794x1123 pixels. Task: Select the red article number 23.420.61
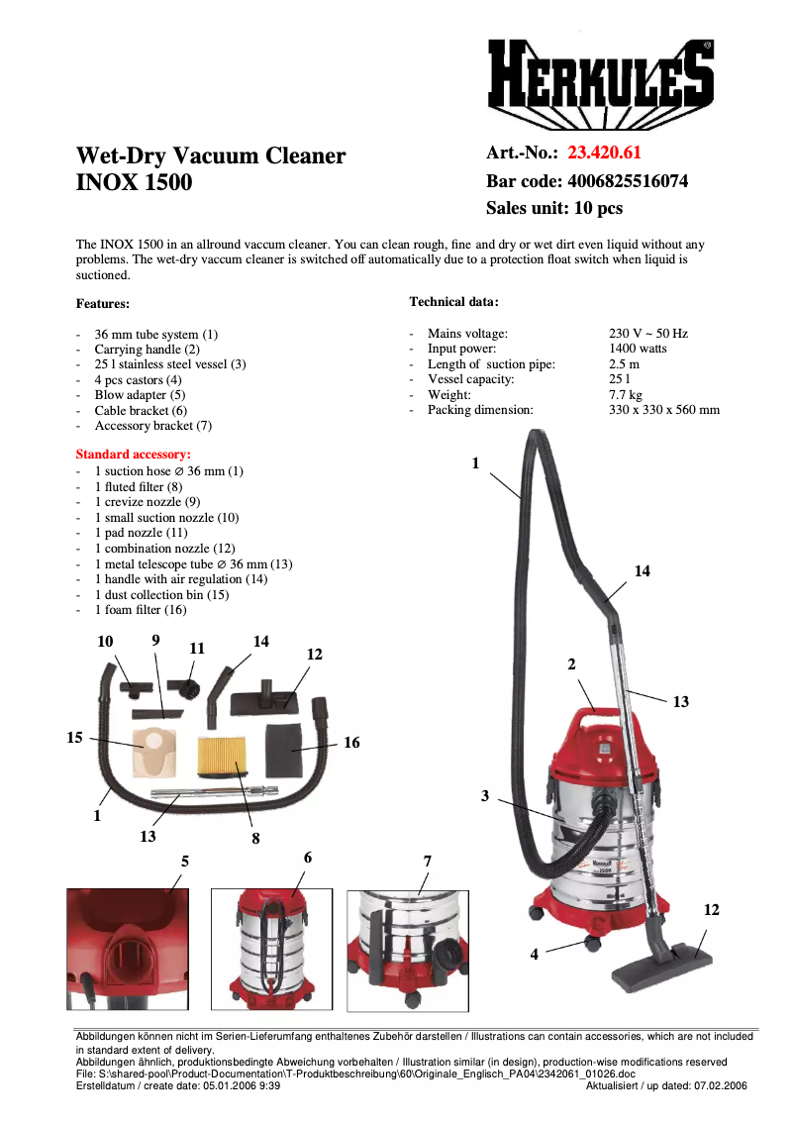tap(604, 153)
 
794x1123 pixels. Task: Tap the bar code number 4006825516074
tap(627, 181)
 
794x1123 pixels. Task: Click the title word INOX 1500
tap(135, 183)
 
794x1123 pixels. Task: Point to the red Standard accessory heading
tap(133, 455)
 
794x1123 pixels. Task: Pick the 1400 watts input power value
tap(638, 349)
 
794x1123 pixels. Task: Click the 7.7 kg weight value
tap(624, 394)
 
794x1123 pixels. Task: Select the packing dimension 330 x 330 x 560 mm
tap(663, 410)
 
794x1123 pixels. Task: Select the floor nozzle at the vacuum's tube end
tap(661, 963)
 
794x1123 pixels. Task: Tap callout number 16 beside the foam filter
tap(351, 743)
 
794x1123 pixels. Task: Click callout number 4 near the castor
tap(535, 955)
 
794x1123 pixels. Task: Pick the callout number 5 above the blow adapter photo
tap(184, 862)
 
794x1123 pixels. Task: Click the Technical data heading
tap(454, 301)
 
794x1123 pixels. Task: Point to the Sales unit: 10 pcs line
tap(553, 209)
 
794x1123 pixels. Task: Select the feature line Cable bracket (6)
tap(141, 410)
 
